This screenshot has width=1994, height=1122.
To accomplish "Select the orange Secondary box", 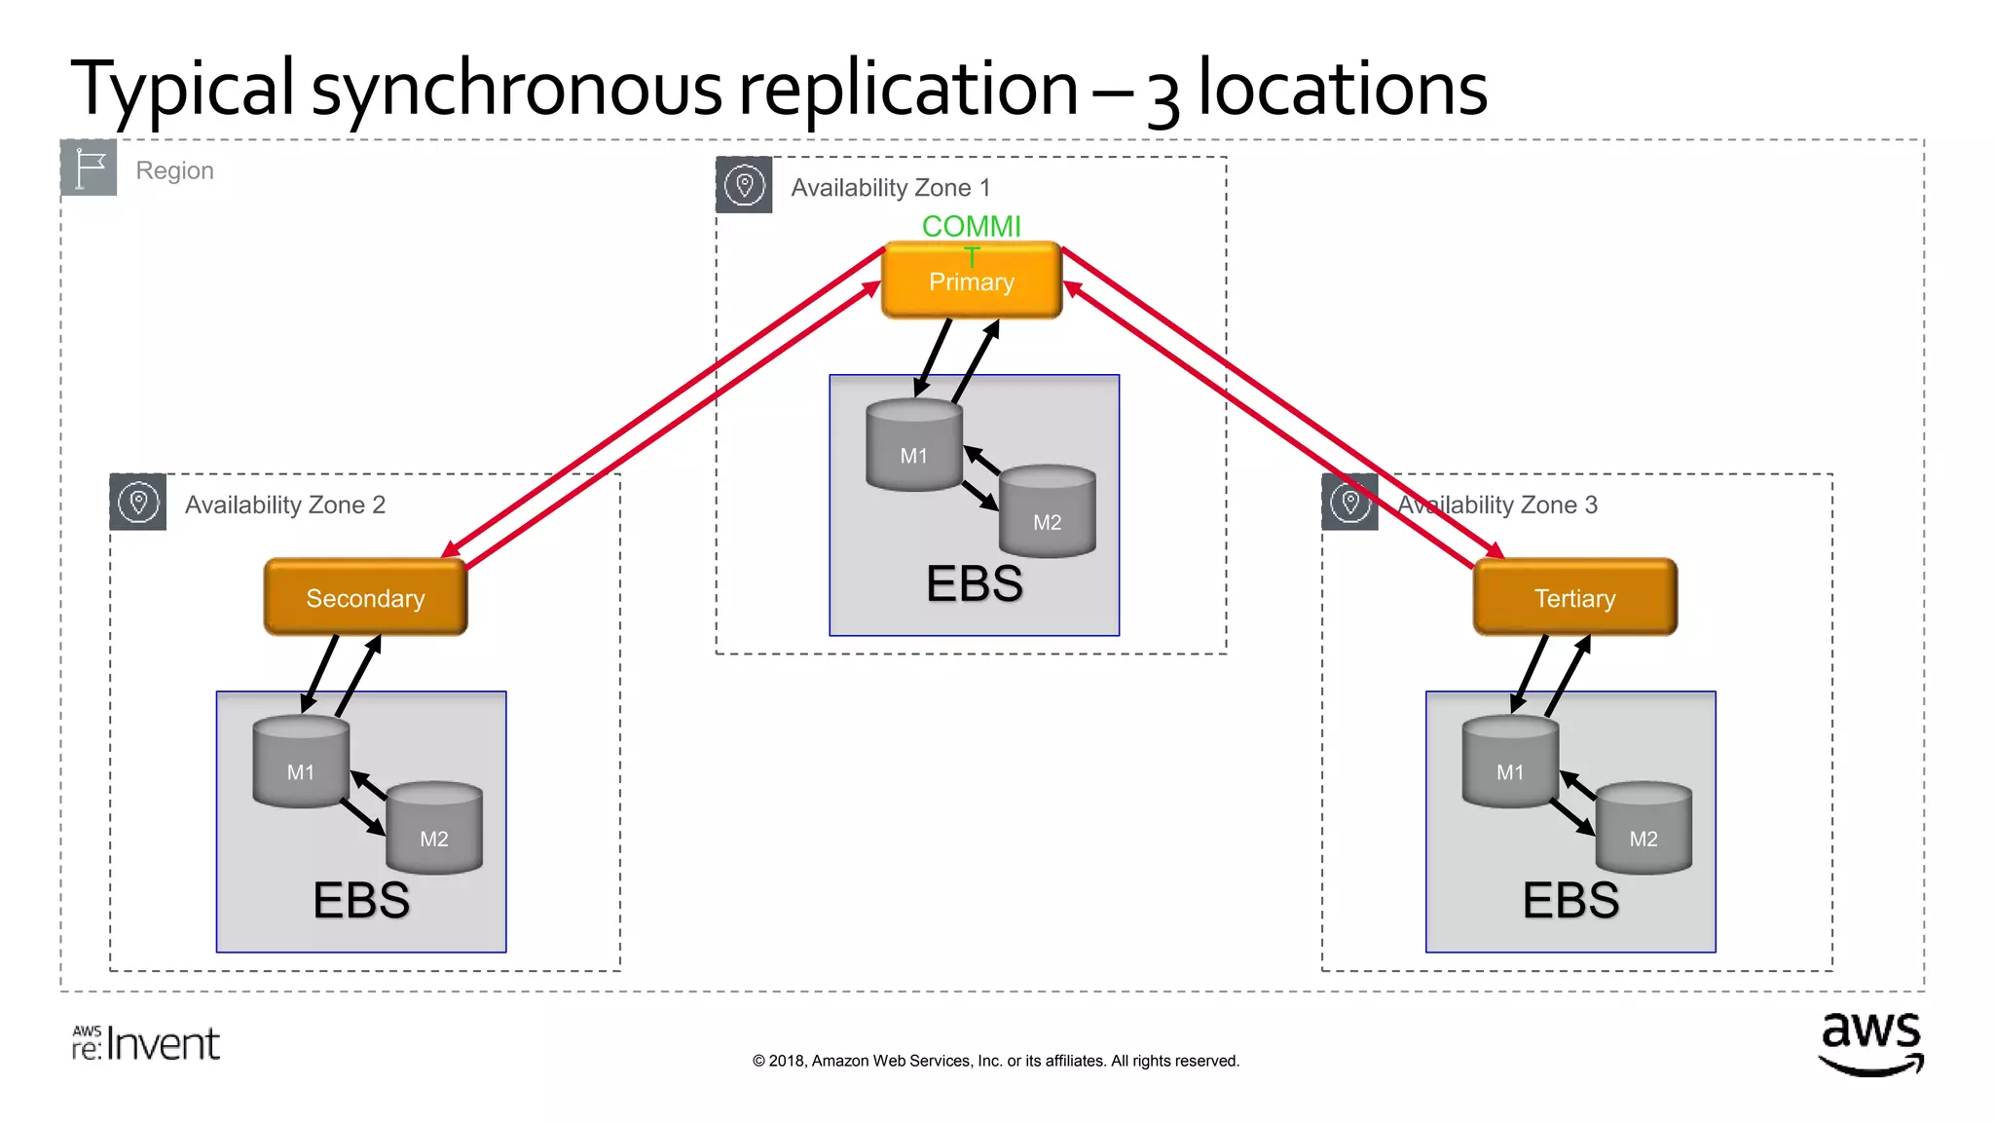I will (x=365, y=598).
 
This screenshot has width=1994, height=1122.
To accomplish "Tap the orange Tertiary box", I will (x=1574, y=598).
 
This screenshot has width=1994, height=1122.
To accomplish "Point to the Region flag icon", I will (x=89, y=168).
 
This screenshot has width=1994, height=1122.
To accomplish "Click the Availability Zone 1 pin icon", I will (x=744, y=184).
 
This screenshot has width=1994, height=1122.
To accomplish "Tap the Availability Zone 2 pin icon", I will (x=137, y=503).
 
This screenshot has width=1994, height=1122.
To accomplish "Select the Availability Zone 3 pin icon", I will (x=1349, y=503).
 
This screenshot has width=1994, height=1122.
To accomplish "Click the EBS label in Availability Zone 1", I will (x=974, y=584).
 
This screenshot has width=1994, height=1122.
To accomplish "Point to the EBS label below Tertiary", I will (x=1569, y=900).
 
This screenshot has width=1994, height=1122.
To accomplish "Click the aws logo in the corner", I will (x=1870, y=1043).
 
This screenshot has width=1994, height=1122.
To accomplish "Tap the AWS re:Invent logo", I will (x=146, y=1043).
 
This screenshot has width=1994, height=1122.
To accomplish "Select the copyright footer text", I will (x=995, y=1061).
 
